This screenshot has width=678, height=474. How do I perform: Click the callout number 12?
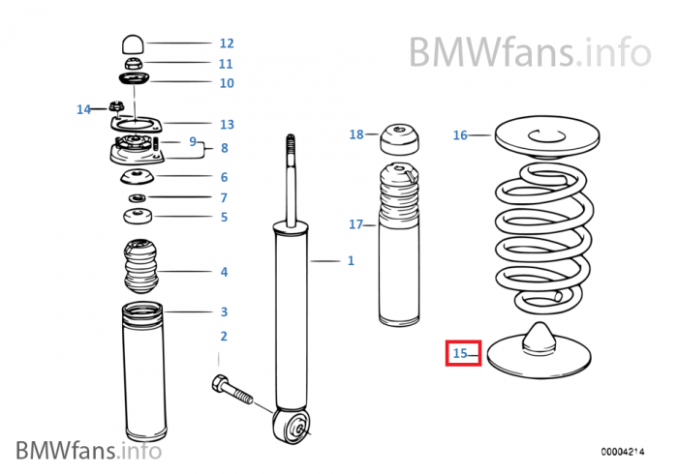point(226,44)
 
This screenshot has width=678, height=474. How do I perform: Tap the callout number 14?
point(83,109)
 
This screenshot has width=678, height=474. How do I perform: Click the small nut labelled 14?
point(114,105)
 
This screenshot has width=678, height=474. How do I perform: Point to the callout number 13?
point(226,124)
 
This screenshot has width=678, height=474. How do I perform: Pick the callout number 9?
point(193,141)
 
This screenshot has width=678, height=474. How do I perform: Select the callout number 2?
point(224,336)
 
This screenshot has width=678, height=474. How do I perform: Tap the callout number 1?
point(351,260)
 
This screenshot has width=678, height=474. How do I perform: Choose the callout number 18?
point(355,134)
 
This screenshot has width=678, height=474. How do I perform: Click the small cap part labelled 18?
point(398,138)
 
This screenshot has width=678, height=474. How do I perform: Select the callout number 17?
point(355,224)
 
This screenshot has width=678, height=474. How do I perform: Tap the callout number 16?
point(460,135)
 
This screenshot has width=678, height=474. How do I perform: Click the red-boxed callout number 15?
point(462,353)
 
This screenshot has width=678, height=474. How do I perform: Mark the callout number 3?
point(224,311)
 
